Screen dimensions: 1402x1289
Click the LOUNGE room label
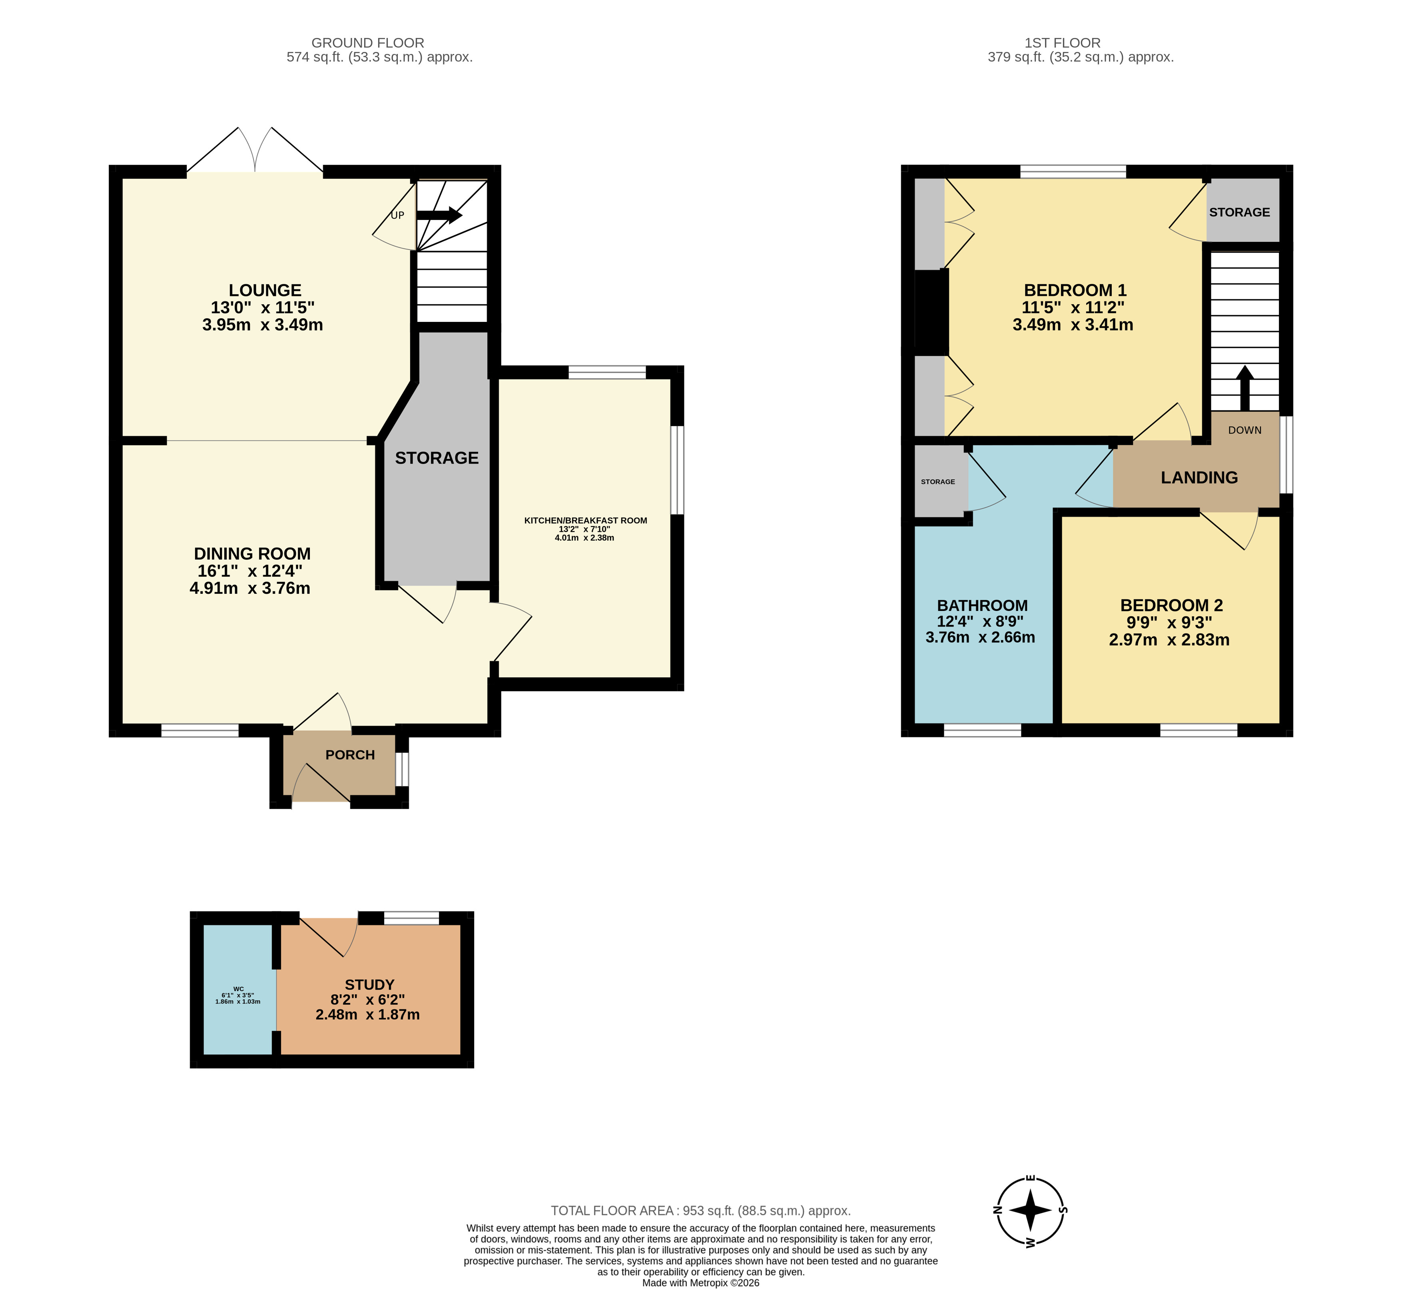(265, 290)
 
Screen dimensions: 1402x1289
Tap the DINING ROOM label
(253, 554)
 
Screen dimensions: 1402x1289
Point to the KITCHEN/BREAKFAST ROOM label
(586, 520)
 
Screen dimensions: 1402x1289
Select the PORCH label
(350, 755)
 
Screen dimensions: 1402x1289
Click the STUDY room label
(370, 985)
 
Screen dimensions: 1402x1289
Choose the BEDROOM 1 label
(1075, 290)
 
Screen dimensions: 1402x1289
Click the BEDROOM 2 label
(1172, 605)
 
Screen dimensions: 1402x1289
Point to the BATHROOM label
(982, 605)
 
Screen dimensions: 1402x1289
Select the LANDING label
(1200, 478)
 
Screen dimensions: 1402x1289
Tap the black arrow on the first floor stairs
(1245, 389)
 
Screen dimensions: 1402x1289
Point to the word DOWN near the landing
(1245, 430)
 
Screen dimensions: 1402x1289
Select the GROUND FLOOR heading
(367, 43)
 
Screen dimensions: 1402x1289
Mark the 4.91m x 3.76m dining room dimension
(250, 588)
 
